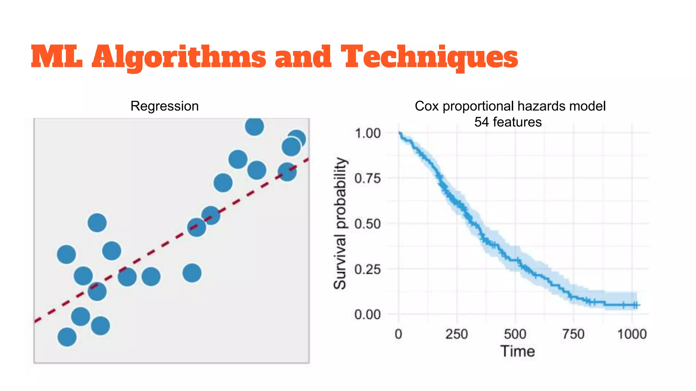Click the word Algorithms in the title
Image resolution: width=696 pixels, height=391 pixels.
point(179,57)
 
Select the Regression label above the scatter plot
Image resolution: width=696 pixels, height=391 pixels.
point(164,106)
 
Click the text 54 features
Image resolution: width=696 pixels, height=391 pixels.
point(508,122)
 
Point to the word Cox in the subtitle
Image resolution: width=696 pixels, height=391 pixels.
point(427,106)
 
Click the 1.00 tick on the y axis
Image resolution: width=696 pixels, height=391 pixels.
point(367,133)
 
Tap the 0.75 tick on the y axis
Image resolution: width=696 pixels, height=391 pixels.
point(367,179)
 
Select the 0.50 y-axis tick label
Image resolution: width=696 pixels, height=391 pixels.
point(367,224)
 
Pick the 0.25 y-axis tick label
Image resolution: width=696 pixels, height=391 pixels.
point(367,269)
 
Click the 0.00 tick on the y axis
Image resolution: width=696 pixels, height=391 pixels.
point(367,315)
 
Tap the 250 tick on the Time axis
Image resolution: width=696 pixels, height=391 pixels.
point(456,334)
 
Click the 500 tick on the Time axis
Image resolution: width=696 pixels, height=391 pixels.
point(515,334)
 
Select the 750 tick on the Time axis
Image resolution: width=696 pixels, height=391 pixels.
point(573,334)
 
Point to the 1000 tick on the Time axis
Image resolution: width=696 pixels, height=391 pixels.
point(632,334)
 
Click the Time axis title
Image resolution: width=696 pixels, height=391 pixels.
point(518,351)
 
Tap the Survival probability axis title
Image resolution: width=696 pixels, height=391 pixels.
point(340,223)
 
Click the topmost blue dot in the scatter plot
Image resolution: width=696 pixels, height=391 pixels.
point(255,126)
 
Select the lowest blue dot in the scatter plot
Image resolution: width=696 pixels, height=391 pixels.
point(67,337)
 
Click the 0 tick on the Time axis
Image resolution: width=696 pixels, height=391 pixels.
point(398,334)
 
